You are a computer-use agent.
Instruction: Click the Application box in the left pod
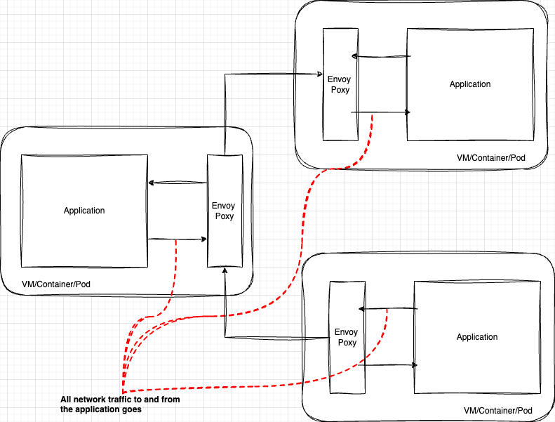(84, 211)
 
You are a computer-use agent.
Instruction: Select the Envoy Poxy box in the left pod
(225, 211)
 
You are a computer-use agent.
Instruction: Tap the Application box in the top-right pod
(470, 84)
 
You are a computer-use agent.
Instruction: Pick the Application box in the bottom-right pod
(477, 337)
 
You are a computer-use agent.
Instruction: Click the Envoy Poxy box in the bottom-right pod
(346, 337)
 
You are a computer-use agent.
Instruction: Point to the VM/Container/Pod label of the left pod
(56, 284)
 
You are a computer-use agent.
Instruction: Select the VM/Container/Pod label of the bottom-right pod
(498, 410)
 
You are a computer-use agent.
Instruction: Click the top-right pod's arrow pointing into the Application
(379, 112)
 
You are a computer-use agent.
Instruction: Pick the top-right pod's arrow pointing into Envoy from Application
(379, 56)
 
